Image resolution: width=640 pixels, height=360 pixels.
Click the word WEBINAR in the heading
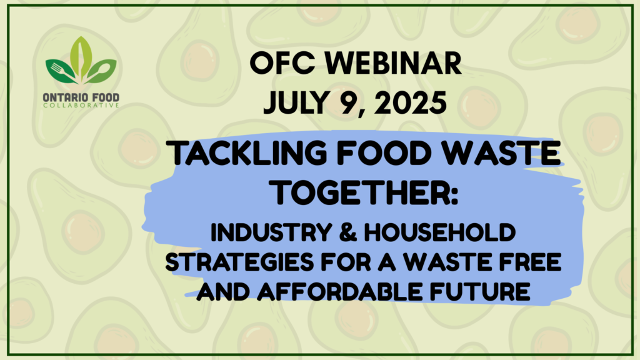394,64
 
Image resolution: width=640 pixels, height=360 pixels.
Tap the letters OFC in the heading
282,64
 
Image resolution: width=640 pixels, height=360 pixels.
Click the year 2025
410,102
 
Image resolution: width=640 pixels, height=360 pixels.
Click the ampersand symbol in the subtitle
347,232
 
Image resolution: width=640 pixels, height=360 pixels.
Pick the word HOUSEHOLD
439,232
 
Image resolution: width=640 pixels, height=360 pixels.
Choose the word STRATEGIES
239,262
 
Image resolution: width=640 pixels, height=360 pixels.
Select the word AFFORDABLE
339,291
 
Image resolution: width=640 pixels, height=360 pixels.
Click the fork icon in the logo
62,72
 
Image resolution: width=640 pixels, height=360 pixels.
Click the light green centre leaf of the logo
81,57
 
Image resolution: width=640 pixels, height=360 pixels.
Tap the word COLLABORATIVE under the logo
81,105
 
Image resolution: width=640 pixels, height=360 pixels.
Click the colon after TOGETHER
454,195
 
